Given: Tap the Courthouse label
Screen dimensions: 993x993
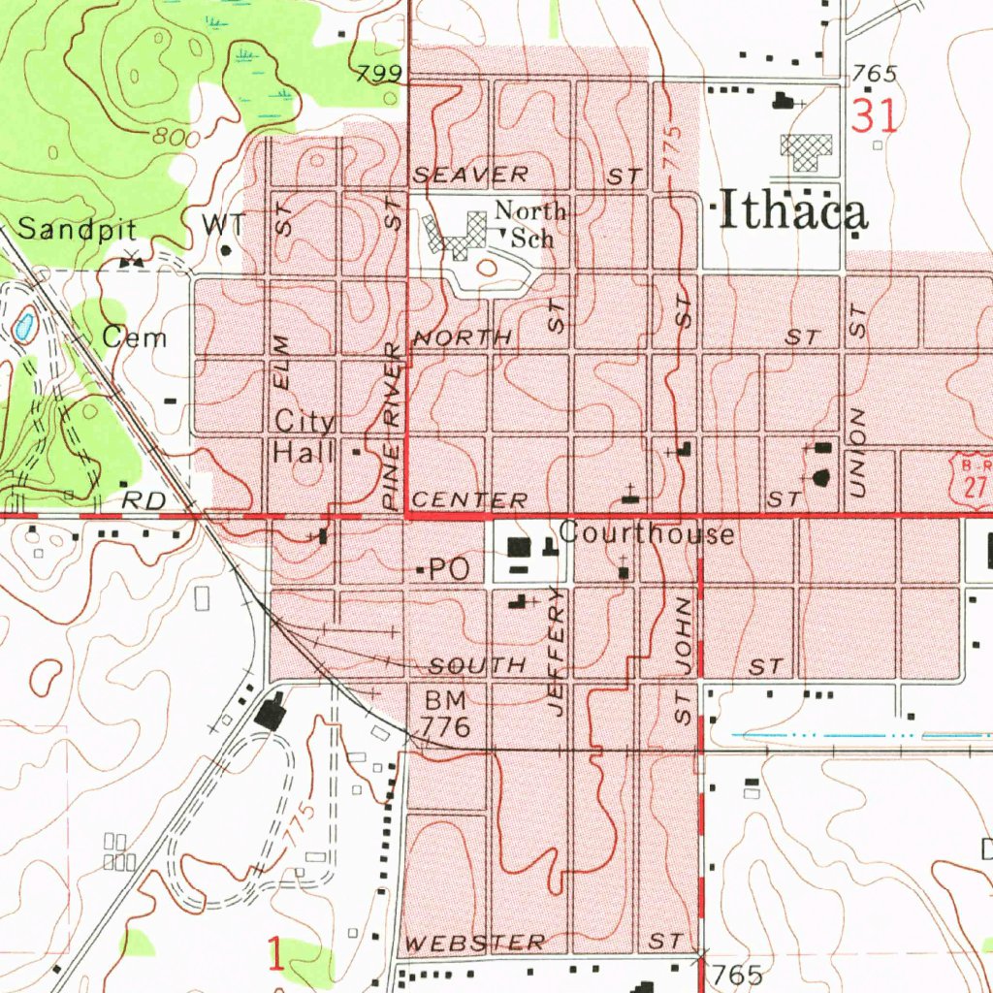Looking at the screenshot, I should click(x=646, y=533).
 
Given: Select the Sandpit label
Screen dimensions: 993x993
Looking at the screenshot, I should click(x=78, y=229).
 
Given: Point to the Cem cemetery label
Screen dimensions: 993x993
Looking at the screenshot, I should click(x=135, y=337).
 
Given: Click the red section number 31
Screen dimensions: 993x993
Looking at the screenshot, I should click(x=875, y=116).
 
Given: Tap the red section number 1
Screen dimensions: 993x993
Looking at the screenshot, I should click(x=276, y=954).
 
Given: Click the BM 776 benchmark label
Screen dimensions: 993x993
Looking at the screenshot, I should click(x=445, y=714).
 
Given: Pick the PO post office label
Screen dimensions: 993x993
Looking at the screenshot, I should click(x=448, y=570).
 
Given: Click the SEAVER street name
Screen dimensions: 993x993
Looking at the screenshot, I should click(x=471, y=175).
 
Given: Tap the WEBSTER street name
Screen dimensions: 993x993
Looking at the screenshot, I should click(x=475, y=943).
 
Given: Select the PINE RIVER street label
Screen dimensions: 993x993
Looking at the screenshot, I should click(x=392, y=427).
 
